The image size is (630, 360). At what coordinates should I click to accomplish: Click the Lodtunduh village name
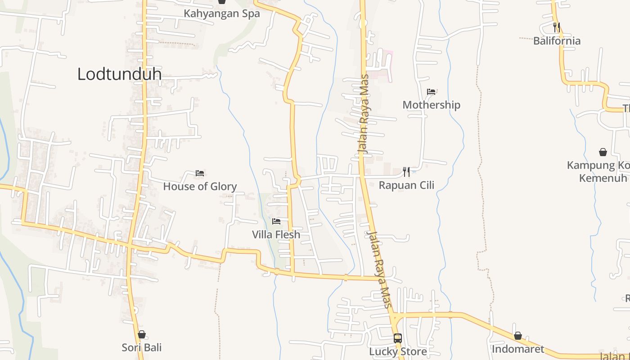(x=119, y=74)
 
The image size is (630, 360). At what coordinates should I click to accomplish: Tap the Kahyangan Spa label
(x=221, y=13)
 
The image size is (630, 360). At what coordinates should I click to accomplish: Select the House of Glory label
(x=200, y=186)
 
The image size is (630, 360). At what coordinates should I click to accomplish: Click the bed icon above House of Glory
(x=200, y=173)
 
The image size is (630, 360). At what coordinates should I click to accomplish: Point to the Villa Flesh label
(x=276, y=234)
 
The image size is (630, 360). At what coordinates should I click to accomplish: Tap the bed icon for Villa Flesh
(x=276, y=221)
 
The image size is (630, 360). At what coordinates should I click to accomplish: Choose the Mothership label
(x=431, y=105)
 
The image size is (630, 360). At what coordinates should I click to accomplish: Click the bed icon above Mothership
(x=431, y=92)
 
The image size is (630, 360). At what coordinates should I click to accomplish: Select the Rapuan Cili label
(x=406, y=185)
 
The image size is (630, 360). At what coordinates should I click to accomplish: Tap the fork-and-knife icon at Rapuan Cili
(x=406, y=171)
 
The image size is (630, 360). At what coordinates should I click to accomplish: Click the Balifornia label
(x=557, y=41)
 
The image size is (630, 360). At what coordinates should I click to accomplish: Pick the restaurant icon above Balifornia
(x=557, y=27)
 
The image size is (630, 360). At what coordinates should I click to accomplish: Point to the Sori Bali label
(x=142, y=347)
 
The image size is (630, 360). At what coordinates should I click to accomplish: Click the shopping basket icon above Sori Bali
(x=142, y=334)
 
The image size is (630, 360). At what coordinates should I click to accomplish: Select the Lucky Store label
(x=398, y=351)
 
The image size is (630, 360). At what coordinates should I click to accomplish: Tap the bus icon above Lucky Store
(x=398, y=338)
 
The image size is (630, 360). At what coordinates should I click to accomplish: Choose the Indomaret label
(x=517, y=349)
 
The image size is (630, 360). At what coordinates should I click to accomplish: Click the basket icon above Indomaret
(x=518, y=336)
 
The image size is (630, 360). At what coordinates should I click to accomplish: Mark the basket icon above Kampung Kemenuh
(x=603, y=152)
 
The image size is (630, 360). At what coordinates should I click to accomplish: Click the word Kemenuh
(x=603, y=178)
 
